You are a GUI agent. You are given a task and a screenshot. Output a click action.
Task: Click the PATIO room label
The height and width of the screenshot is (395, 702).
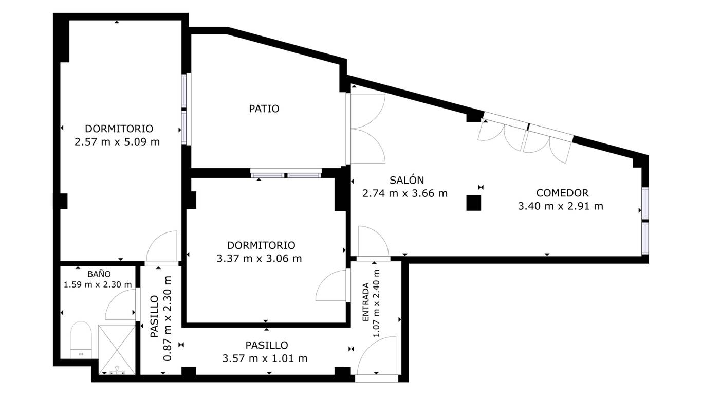click(x=264, y=109)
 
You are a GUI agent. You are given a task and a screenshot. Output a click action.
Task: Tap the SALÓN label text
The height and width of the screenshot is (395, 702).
click(x=407, y=181)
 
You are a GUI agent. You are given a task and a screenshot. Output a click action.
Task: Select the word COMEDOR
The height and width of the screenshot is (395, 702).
click(x=562, y=193)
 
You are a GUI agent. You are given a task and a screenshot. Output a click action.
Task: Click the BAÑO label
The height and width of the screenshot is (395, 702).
click(x=99, y=274)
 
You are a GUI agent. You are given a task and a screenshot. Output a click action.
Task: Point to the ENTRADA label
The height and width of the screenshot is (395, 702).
click(x=365, y=302)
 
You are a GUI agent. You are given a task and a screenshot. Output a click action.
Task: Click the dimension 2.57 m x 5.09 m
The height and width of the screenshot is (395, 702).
click(x=117, y=142)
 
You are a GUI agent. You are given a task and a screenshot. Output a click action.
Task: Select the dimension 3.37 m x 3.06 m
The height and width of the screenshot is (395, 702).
click(x=259, y=259)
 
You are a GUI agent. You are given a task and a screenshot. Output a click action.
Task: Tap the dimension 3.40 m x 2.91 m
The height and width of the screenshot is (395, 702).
click(x=560, y=206)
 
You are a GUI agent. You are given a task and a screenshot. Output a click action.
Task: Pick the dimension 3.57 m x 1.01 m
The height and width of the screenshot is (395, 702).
click(x=265, y=358)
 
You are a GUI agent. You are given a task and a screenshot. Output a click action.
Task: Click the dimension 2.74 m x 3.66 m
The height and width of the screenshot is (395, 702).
click(x=405, y=193)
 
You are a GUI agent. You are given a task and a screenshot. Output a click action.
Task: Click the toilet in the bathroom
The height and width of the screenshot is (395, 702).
click(x=81, y=340)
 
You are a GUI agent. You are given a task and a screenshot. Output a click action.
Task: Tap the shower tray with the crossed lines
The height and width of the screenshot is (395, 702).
click(x=117, y=350)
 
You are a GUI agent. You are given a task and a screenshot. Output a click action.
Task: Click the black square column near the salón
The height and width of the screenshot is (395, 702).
click(x=473, y=203)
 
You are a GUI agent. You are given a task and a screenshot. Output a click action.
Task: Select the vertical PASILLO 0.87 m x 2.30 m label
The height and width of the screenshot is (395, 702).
click(x=161, y=318)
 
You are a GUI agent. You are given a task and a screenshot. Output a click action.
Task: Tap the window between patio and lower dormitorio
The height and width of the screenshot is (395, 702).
click(x=286, y=173)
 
